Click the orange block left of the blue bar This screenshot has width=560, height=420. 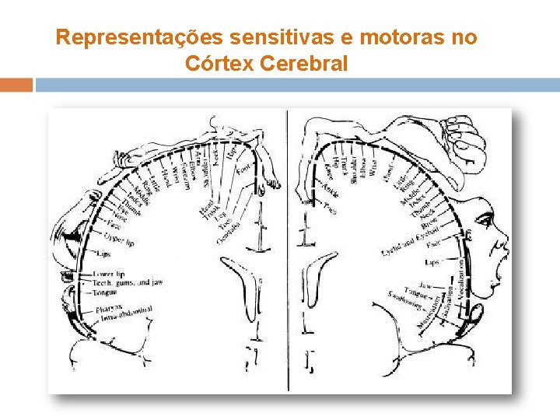coord(16,85)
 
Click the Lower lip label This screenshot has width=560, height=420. coord(108,274)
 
